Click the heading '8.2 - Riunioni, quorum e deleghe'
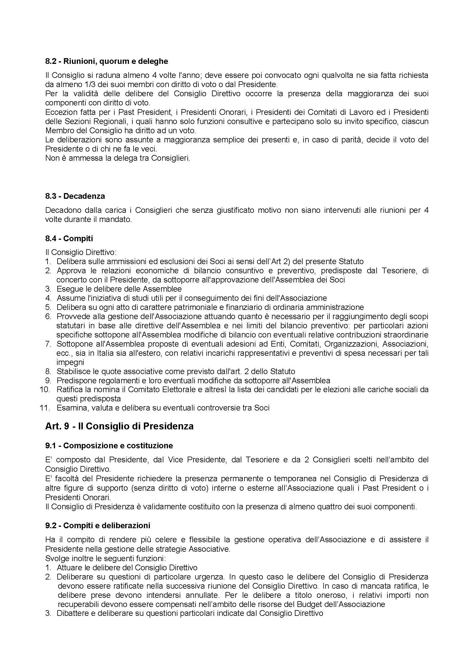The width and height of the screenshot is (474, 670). click(107, 62)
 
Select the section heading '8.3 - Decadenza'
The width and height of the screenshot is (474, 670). click(75, 196)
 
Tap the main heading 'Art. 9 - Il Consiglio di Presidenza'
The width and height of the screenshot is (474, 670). click(119, 426)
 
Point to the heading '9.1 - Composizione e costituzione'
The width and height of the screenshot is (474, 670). click(109, 446)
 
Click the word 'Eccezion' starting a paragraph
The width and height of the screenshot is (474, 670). click(58, 112)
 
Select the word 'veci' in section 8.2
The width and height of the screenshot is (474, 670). click(150, 149)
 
